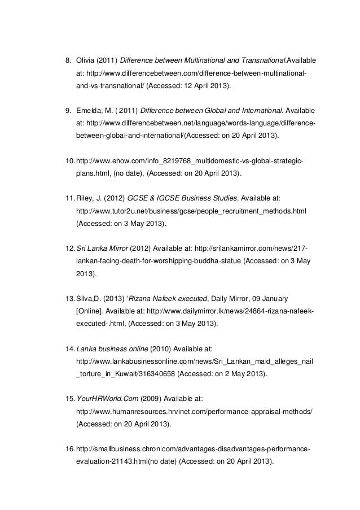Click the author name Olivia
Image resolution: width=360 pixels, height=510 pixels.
pyautogui.click(x=86, y=60)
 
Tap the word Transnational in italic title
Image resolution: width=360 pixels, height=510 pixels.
pyautogui.click(x=262, y=60)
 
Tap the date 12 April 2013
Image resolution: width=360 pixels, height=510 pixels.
pyautogui.click(x=204, y=86)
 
